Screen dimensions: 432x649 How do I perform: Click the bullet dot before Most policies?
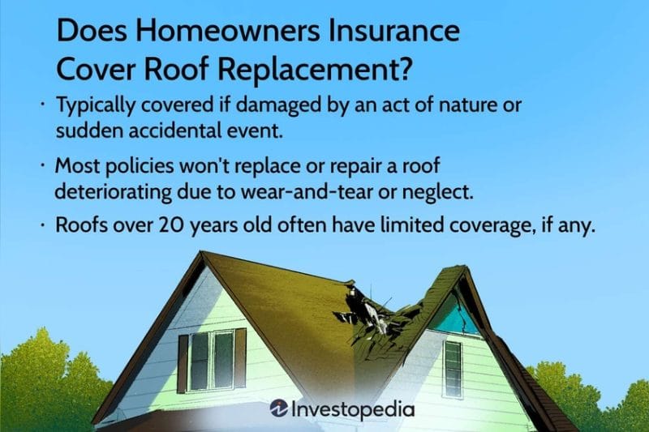[x=42, y=165]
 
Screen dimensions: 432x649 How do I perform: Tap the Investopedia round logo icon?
[x=281, y=409]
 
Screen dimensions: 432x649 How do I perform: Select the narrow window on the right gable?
[x=453, y=368]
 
